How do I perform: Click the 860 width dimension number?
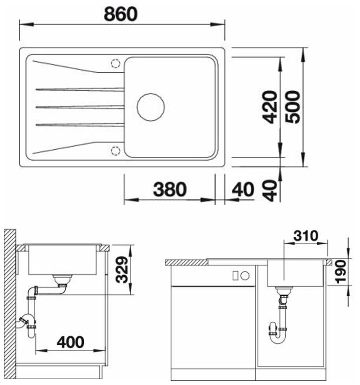[121, 14]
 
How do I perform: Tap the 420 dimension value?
[269, 107]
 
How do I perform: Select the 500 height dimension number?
[292, 107]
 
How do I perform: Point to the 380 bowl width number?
[170, 189]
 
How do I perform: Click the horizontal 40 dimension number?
[243, 189]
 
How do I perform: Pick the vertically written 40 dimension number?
[269, 190]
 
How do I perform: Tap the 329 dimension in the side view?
[122, 269]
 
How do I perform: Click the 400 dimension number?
[70, 342]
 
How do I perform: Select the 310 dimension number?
[306, 236]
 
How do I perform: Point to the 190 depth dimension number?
[341, 272]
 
